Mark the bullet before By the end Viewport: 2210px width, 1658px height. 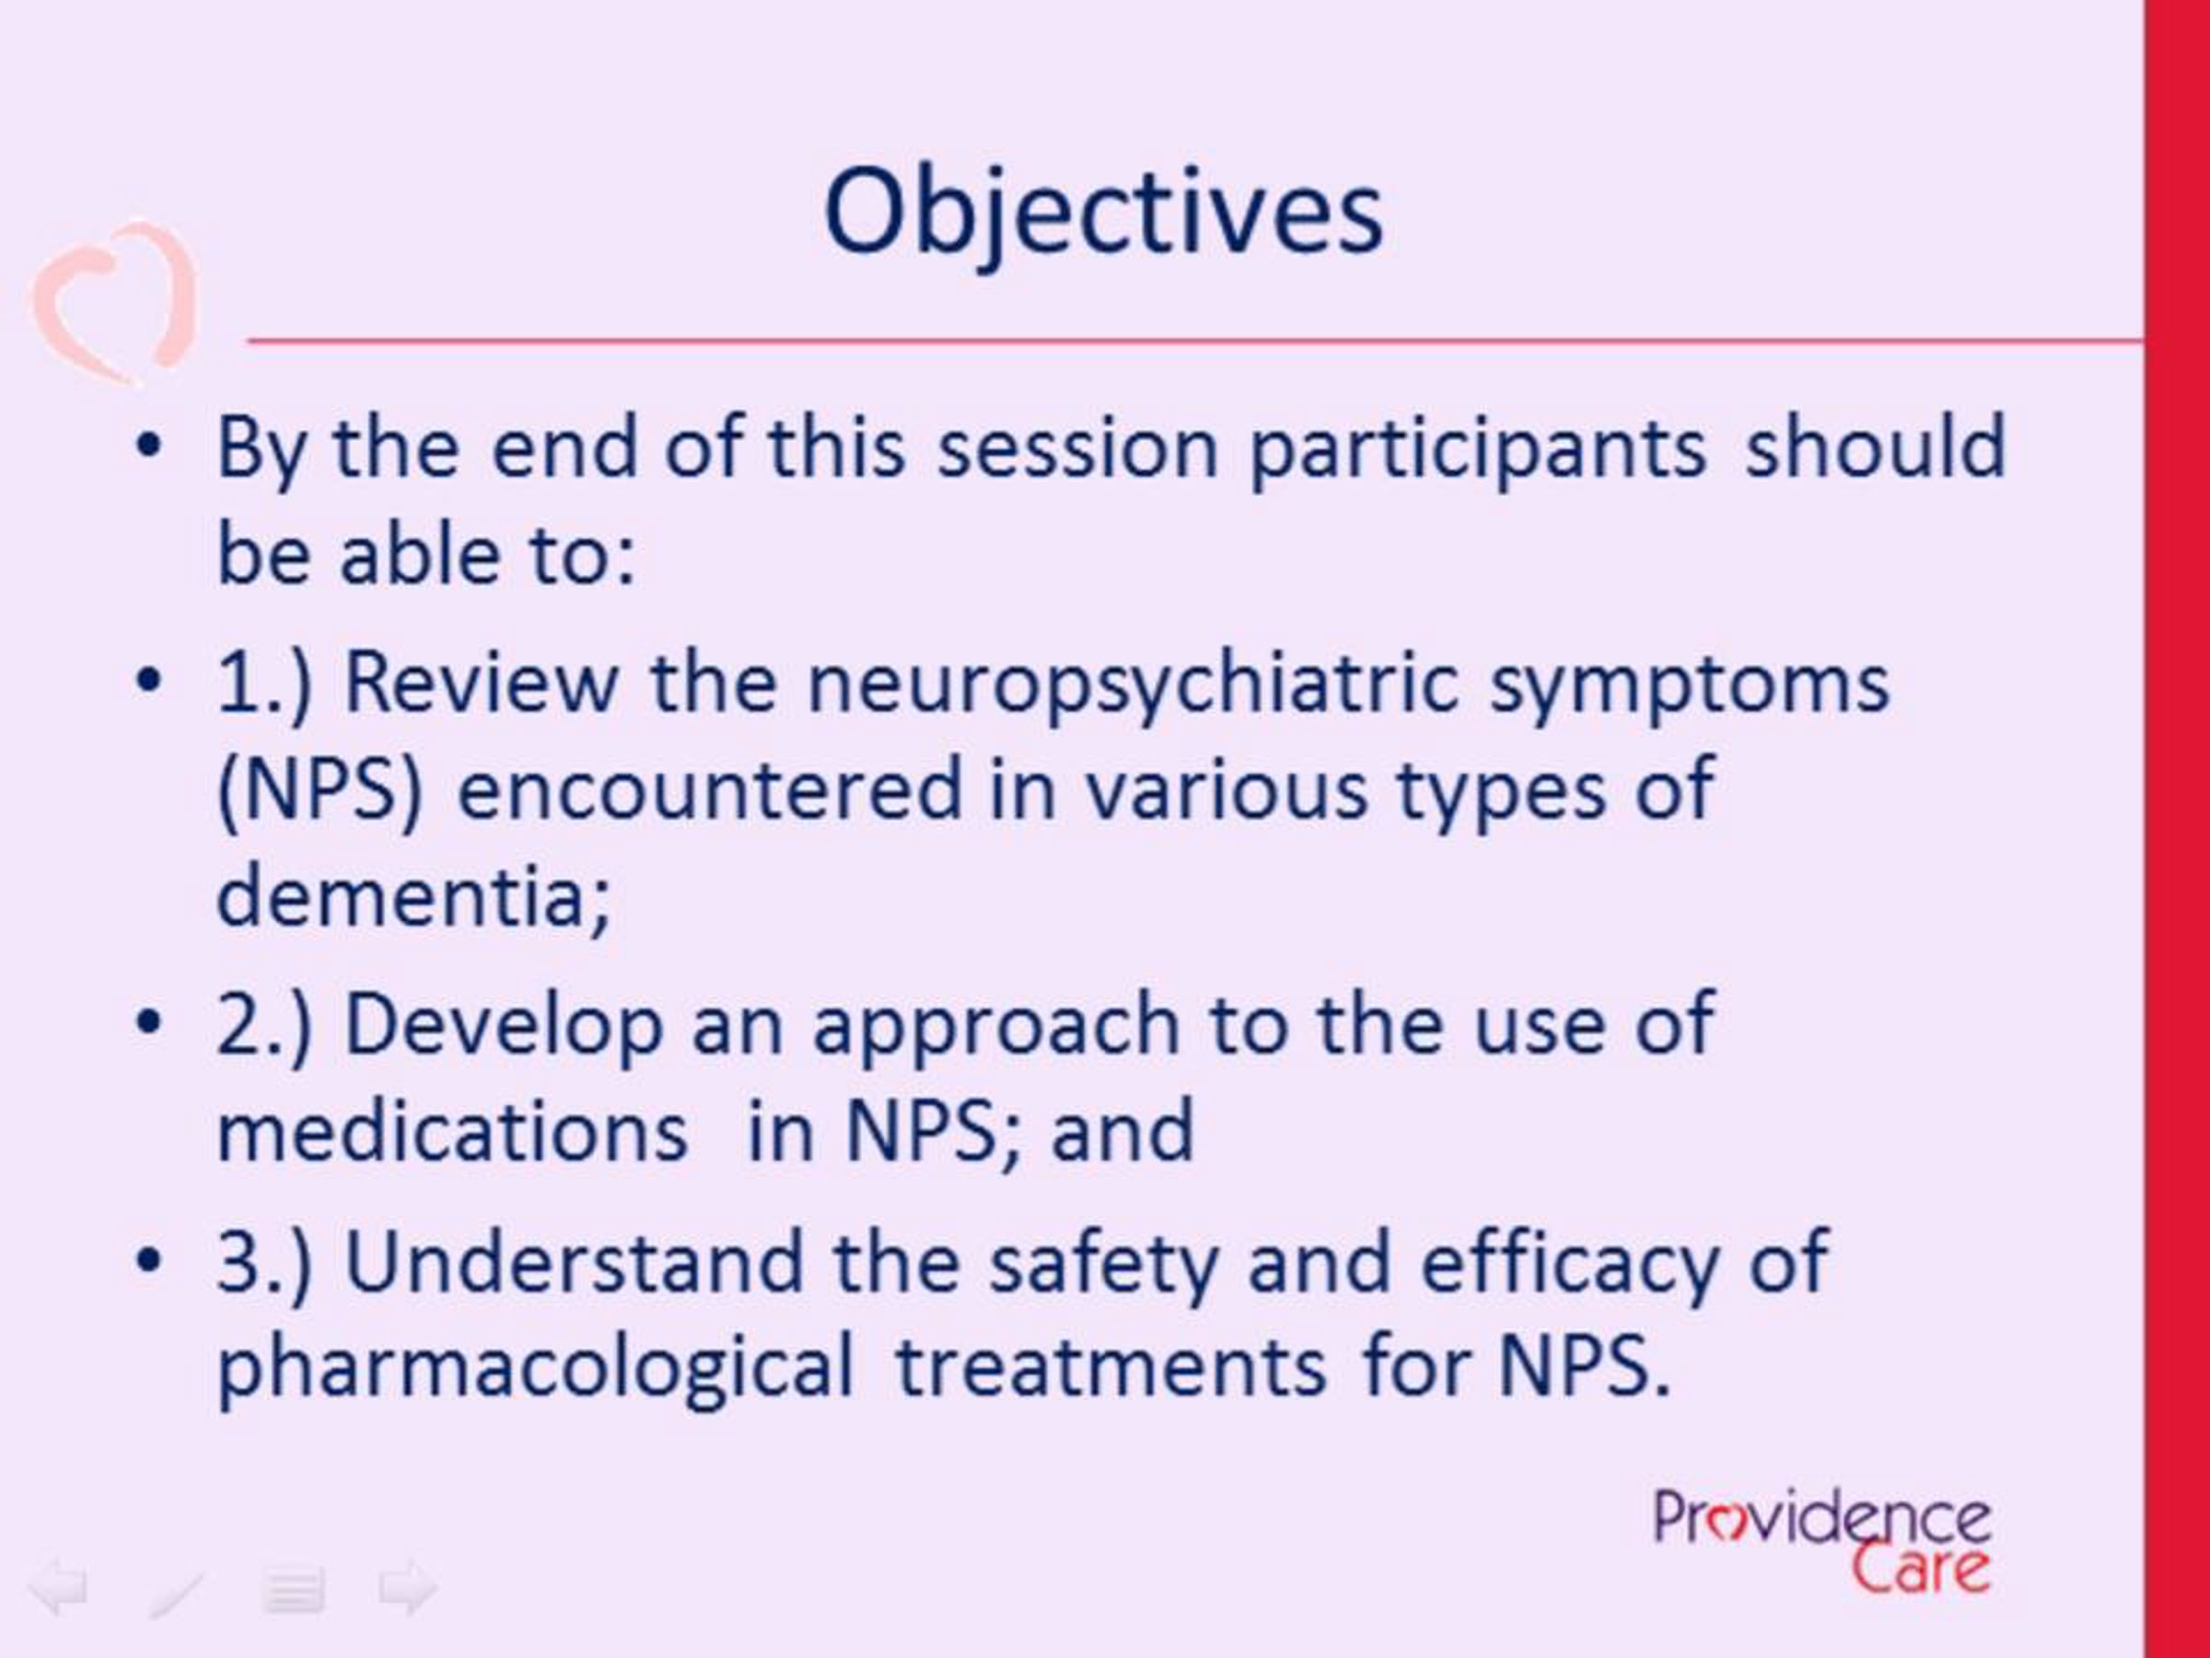148,447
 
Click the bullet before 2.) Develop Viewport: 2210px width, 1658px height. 148,1023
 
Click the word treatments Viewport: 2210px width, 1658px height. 1111,1365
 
